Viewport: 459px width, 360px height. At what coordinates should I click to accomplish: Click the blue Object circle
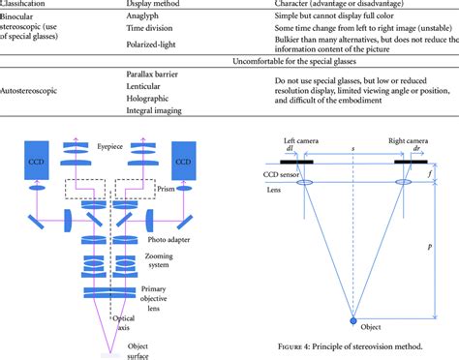[352, 320]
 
